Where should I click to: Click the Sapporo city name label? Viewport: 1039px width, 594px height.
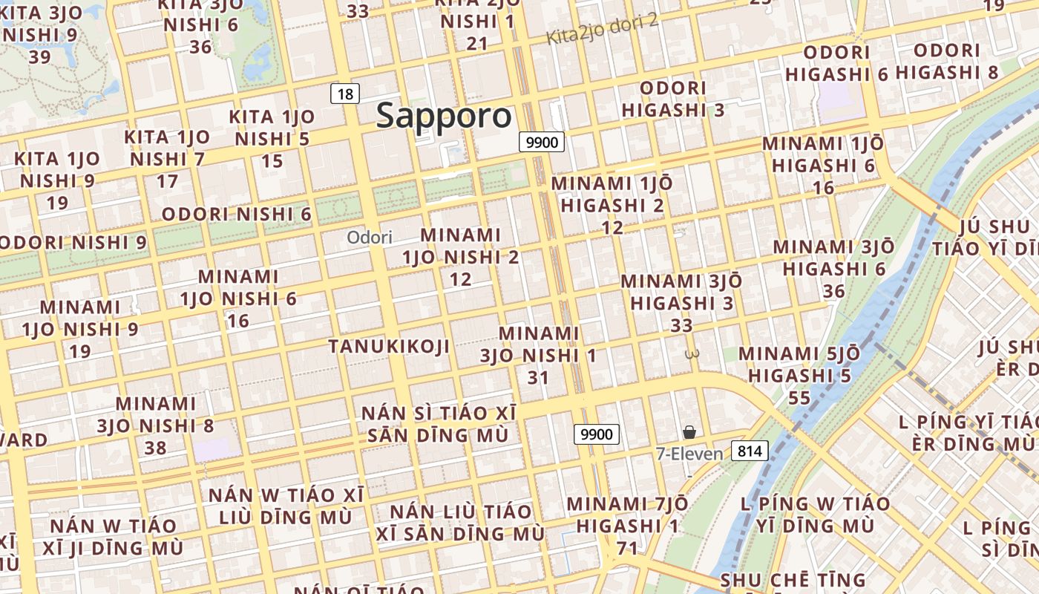tap(444, 116)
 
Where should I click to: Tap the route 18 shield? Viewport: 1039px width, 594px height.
tap(345, 94)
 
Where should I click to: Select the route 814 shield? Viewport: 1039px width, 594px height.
tap(750, 450)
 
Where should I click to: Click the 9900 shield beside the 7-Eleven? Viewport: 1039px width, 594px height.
tap(597, 434)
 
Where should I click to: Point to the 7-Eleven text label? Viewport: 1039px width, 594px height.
tap(689, 453)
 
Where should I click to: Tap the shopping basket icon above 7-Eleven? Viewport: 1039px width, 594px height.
tap(689, 432)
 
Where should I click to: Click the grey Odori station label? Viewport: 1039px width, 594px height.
tap(370, 238)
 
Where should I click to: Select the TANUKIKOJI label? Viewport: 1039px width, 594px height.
tap(390, 346)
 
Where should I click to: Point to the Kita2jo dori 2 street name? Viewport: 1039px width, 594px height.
tap(603, 28)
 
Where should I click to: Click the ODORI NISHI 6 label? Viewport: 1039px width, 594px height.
tap(237, 214)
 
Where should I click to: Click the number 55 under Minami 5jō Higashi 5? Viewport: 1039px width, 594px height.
tap(799, 398)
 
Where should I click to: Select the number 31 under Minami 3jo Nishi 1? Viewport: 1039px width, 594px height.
tap(538, 377)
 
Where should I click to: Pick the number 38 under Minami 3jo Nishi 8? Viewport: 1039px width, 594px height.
tap(156, 448)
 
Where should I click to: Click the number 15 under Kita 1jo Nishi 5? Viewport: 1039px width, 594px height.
tap(272, 160)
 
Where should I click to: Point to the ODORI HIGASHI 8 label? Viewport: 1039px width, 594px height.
tap(947, 62)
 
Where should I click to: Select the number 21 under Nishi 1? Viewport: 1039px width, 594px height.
tap(477, 43)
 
